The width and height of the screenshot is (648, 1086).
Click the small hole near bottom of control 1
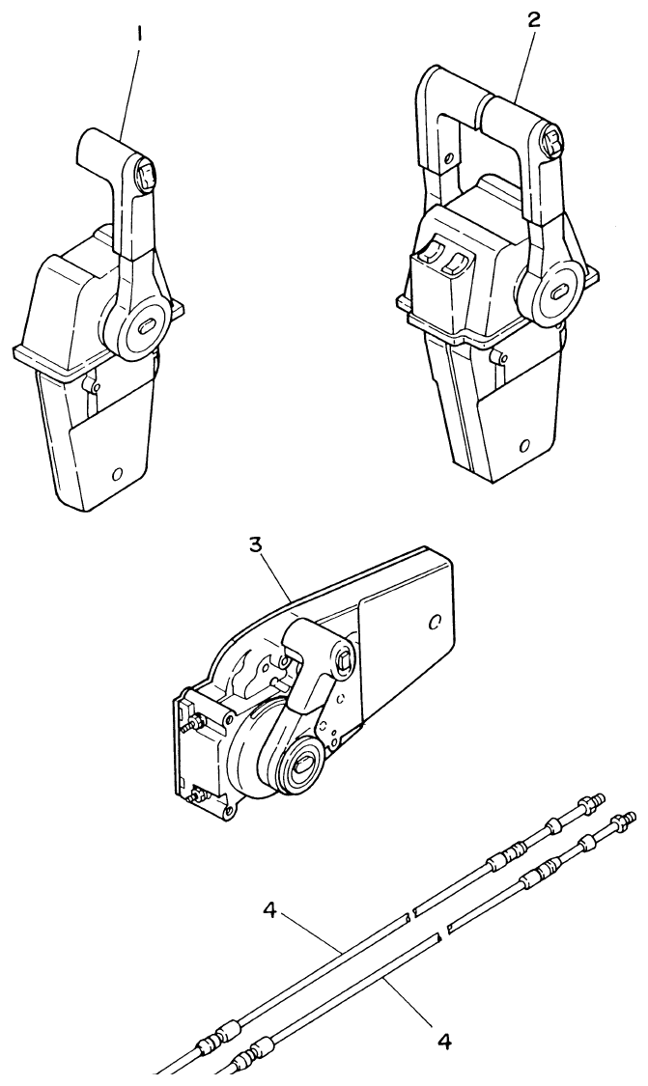[x=118, y=474]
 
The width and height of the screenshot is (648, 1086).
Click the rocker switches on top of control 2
[x=443, y=258]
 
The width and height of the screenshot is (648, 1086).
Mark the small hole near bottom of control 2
[x=523, y=447]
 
